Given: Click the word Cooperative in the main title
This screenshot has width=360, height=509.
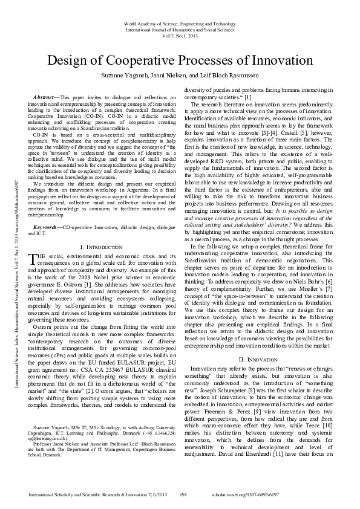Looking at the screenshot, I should (148, 60).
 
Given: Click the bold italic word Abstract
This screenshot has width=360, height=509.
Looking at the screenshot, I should (43, 97).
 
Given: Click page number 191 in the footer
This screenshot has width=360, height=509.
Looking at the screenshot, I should (186, 494).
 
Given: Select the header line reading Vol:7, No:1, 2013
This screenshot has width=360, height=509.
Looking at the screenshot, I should (180, 36).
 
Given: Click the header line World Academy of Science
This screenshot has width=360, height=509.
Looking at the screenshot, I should (180, 23).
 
